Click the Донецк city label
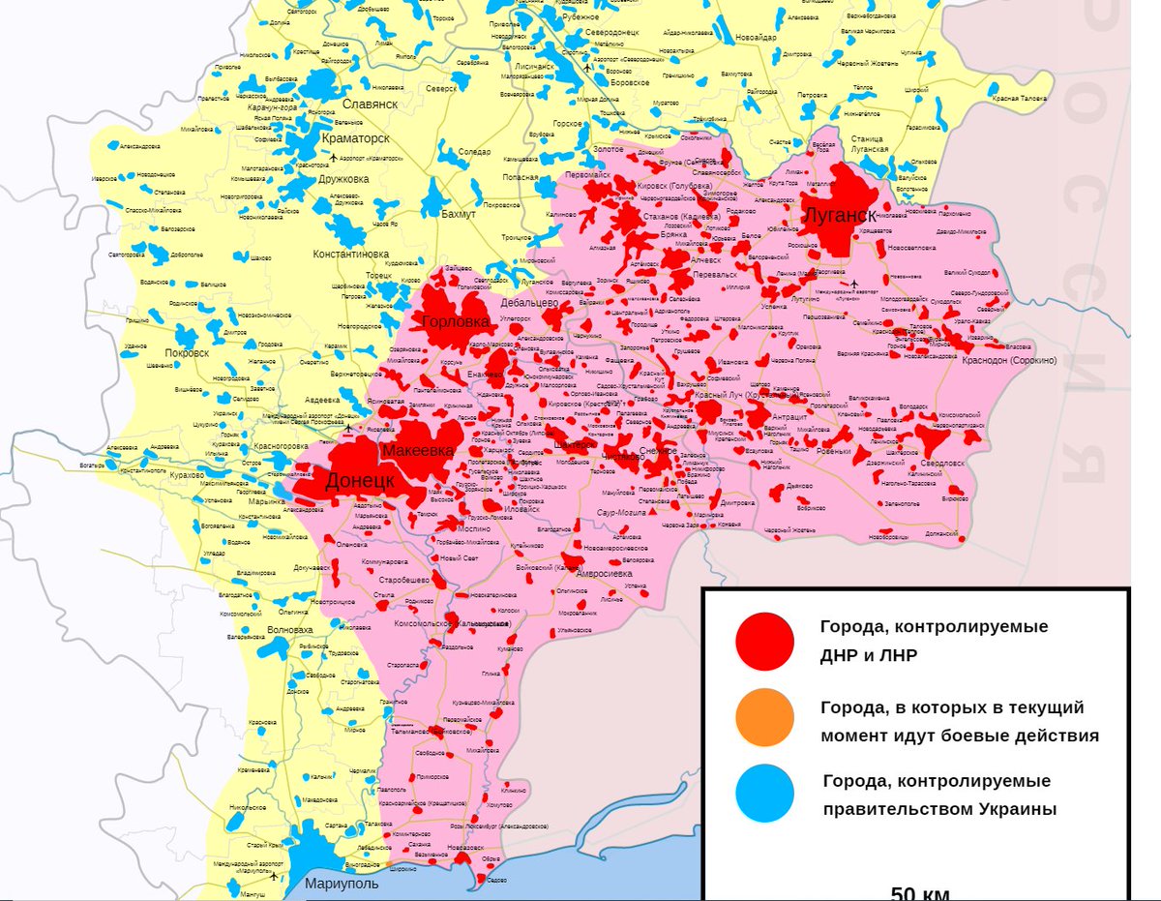pos(358,481)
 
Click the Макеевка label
pos(417,451)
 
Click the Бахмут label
pos(458,214)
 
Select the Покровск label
pos(186,353)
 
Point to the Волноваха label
pos(290,630)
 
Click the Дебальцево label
pos(529,302)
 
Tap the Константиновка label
pos(350,255)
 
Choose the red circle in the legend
pos(764,642)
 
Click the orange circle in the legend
pos(764,718)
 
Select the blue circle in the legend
pos(764,794)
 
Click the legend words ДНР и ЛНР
pos(869,654)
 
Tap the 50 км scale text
pos(920,892)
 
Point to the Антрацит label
pos(789,416)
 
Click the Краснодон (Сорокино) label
pos(1009,360)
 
